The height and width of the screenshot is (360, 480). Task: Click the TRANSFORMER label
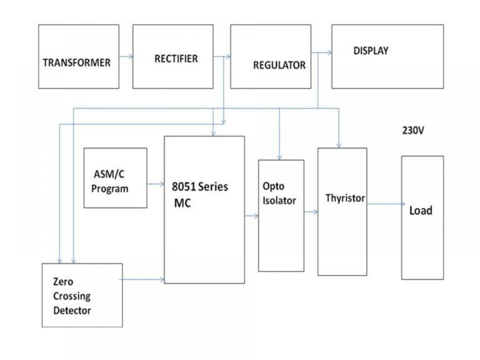coord(76,62)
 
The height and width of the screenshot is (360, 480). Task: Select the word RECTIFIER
coord(176,59)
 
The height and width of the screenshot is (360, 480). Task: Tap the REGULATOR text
coord(279,65)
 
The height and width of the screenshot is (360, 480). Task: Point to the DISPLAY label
coord(371,51)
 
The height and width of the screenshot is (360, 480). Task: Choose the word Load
coord(421,211)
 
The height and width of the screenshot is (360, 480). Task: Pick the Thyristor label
coord(345,199)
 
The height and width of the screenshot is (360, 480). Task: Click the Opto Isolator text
coord(279,194)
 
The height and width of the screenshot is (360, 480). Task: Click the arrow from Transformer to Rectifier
coord(126,57)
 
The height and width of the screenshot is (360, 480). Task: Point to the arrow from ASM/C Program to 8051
coord(156,184)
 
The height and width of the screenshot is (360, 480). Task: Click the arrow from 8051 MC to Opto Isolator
coord(252,216)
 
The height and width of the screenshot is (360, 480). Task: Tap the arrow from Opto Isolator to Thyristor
coord(311,212)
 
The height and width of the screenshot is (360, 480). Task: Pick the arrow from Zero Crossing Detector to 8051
coord(143,281)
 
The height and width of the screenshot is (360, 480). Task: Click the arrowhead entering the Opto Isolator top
coord(279,156)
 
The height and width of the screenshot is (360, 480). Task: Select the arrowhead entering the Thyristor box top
coord(339,144)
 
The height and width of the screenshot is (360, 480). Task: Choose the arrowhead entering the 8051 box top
coord(214,132)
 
